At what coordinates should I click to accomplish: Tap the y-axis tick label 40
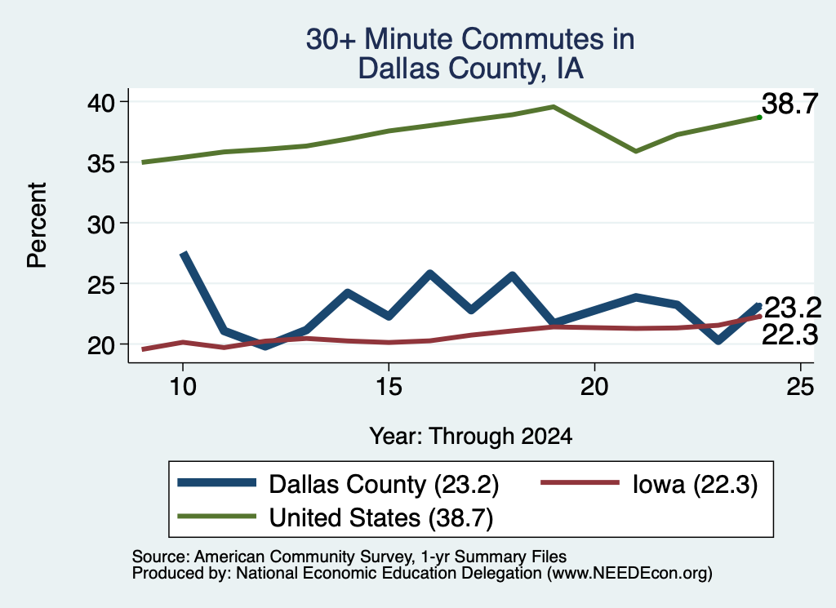click(x=101, y=102)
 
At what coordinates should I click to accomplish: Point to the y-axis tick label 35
click(x=101, y=163)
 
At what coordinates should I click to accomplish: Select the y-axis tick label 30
click(x=101, y=224)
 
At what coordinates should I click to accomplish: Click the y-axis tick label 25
click(x=101, y=285)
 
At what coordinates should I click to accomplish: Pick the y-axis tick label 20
click(x=101, y=345)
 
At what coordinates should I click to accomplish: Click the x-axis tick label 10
click(x=183, y=386)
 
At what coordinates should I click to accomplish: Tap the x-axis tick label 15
click(x=389, y=386)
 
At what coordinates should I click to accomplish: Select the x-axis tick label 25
click(x=800, y=386)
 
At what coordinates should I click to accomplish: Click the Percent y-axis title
click(x=38, y=225)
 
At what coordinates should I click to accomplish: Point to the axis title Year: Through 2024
click(x=471, y=436)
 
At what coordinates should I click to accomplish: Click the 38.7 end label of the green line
click(x=789, y=104)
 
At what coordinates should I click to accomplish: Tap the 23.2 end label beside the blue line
click(x=792, y=308)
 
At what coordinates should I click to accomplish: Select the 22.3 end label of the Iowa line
click(x=789, y=335)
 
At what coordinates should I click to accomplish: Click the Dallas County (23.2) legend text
click(x=384, y=485)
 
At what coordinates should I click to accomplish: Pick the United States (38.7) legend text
click(x=381, y=518)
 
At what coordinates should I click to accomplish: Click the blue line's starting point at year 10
click(x=184, y=254)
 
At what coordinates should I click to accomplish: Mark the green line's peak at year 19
click(x=554, y=107)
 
